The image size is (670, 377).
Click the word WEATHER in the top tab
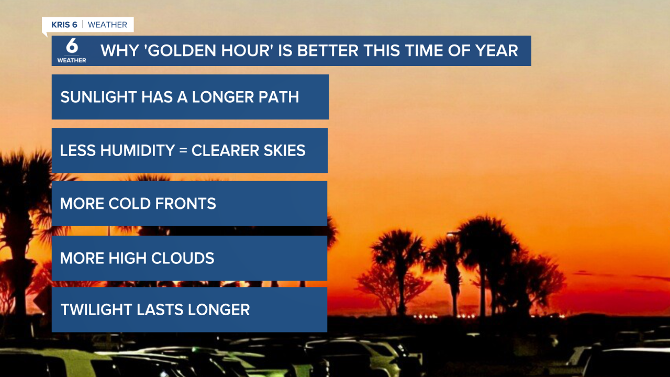click(x=107, y=25)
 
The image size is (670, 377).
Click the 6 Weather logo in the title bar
click(x=72, y=51)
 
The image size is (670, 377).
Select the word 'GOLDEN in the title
click(x=158, y=51)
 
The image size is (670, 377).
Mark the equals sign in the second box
click(x=182, y=151)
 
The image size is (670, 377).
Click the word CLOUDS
click(x=183, y=258)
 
